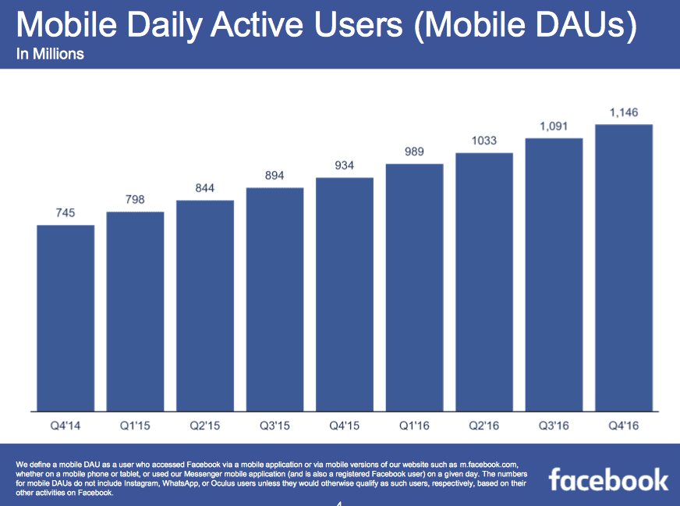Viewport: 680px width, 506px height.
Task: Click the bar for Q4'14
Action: [66, 317]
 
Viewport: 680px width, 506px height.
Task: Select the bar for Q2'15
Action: [205, 305]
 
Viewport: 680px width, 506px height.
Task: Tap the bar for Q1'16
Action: [414, 287]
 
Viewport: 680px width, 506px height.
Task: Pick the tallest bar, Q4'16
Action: [624, 267]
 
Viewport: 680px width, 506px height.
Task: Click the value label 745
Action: [66, 213]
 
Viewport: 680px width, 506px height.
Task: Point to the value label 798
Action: [135, 200]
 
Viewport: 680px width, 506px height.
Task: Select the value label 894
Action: [274, 176]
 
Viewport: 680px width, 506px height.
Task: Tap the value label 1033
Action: [484, 141]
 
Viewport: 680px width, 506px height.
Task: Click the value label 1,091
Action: [554, 126]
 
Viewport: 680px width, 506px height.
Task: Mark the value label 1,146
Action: [624, 112]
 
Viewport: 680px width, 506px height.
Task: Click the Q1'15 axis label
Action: [135, 426]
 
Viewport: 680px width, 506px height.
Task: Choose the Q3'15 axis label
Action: [274, 426]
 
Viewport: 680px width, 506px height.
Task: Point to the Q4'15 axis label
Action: [345, 426]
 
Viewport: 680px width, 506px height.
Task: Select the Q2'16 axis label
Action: [484, 426]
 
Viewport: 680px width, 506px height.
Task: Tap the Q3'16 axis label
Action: [554, 426]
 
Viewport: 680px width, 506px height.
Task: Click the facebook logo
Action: [608, 479]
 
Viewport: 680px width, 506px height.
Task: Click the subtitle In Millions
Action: [50, 55]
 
